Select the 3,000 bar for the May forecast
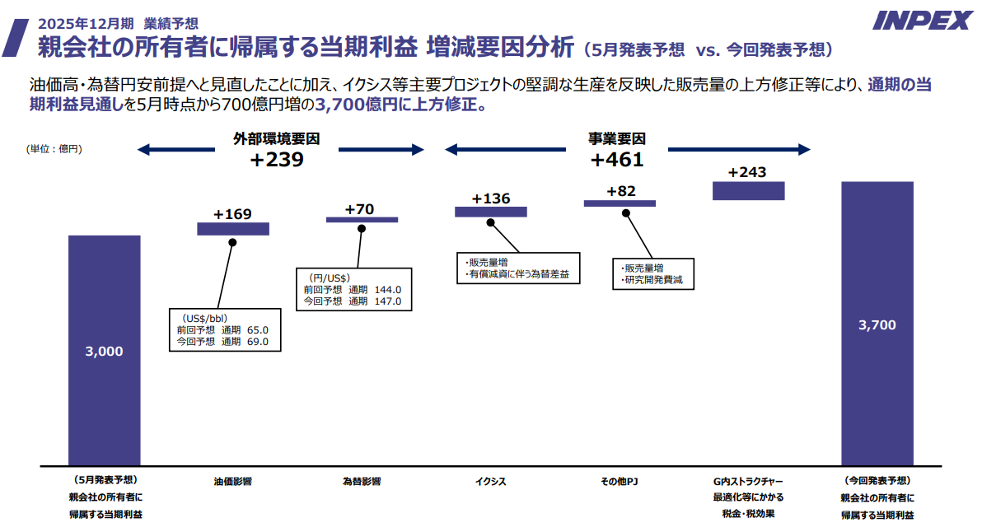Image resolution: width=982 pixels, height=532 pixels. tap(104, 350)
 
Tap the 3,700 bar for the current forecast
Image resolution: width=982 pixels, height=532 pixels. tap(877, 324)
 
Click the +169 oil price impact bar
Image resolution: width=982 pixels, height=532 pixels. tap(233, 229)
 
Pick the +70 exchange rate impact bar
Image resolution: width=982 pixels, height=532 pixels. tap(362, 220)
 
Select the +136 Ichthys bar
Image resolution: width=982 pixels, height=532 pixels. tap(490, 212)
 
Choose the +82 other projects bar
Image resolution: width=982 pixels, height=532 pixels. tap(620, 203)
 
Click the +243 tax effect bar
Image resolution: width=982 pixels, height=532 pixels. tap(748, 190)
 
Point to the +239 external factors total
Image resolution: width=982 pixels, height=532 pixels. tap(277, 160)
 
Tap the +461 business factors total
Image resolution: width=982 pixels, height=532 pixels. tap(617, 160)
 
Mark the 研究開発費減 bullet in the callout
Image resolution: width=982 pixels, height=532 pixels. tap(656, 281)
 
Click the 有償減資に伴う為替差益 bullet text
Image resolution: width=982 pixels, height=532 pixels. tap(520, 273)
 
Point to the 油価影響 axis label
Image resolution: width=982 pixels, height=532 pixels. tap(233, 482)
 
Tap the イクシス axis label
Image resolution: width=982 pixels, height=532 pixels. tap(490, 482)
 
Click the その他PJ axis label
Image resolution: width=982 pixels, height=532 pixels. tap(620, 482)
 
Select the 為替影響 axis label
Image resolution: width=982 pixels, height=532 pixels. tap(362, 482)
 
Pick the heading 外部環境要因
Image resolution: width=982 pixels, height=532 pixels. tap(277, 139)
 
